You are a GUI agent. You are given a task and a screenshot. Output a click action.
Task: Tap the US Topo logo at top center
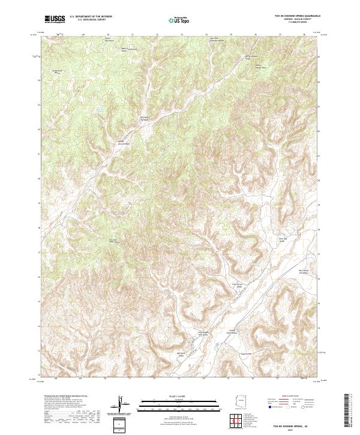click(x=179, y=20)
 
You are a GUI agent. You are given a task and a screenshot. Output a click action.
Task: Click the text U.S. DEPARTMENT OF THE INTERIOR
click(x=91, y=17)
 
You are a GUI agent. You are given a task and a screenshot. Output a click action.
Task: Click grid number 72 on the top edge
click(x=157, y=35)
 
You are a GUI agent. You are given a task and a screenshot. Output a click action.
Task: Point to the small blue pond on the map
click(x=97, y=110)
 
